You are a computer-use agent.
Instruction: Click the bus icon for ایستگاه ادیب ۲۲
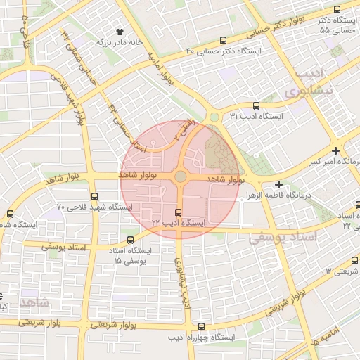(x=177, y=212)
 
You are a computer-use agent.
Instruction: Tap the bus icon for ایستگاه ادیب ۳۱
(x=255, y=105)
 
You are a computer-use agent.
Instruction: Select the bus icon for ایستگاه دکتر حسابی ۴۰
(x=223, y=40)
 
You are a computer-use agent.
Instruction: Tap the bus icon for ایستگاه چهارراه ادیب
(x=202, y=327)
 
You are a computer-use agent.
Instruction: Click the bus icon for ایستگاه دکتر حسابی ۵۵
(x=336, y=10)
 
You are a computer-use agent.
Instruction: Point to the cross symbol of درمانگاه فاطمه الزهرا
(x=279, y=184)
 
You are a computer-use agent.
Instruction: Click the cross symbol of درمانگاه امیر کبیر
(x=335, y=150)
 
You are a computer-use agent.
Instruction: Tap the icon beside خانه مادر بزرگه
(x=118, y=32)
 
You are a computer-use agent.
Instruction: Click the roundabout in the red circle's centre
(x=180, y=176)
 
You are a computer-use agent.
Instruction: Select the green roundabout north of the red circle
(x=214, y=117)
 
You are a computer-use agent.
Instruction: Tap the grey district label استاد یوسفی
(x=283, y=238)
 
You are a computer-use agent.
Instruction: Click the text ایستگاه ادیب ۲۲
(x=179, y=223)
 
